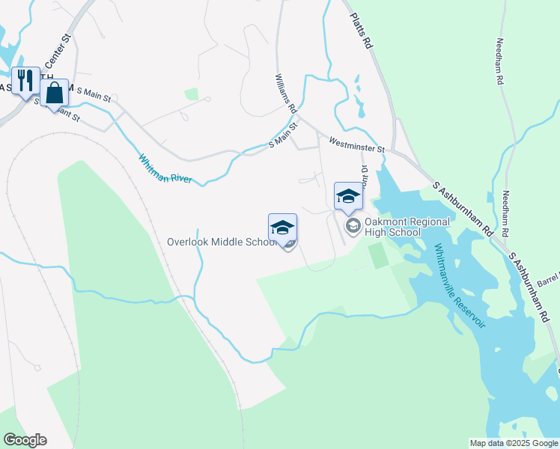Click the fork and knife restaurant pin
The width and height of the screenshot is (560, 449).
(25, 80)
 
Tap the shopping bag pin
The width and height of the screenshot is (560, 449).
(55, 93)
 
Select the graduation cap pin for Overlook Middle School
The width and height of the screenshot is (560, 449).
(282, 227)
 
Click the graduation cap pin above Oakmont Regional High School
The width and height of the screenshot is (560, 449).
(348, 196)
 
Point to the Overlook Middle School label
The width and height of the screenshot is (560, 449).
(218, 242)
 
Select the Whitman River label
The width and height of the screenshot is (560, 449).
(165, 169)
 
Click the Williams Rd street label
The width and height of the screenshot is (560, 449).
(286, 93)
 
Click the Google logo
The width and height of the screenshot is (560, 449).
(25, 440)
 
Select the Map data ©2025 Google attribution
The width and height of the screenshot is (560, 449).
(514, 442)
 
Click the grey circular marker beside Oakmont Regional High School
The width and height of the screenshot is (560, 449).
(352, 224)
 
